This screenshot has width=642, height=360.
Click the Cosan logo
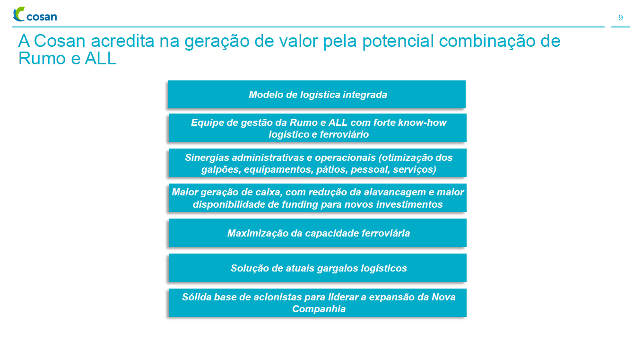click(35, 15)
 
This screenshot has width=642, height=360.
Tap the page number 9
click(620, 18)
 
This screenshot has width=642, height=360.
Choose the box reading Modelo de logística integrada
click(317, 95)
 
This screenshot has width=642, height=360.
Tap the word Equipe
click(206, 123)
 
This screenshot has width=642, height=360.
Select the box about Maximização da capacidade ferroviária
click(317, 233)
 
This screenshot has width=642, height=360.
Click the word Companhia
click(319, 309)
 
